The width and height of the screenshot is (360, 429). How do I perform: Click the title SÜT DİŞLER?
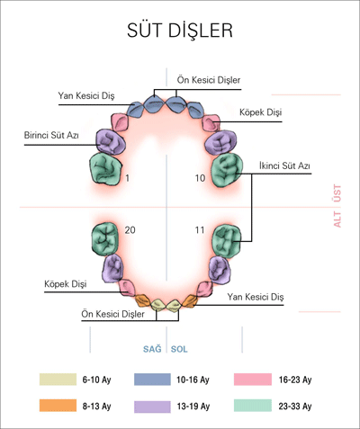click(180, 30)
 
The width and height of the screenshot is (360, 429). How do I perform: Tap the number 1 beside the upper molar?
click(128, 178)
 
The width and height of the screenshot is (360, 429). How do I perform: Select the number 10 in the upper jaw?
click(200, 178)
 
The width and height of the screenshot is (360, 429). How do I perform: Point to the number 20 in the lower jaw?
click(130, 230)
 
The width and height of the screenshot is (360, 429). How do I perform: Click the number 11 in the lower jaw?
click(200, 230)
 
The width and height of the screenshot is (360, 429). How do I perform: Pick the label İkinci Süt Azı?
click(284, 165)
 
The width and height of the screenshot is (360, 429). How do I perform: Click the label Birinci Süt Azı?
click(51, 135)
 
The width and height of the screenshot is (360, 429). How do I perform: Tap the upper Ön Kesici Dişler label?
click(209, 80)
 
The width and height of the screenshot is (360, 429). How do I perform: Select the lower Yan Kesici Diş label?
click(256, 297)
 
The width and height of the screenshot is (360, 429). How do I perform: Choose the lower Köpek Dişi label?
click(66, 284)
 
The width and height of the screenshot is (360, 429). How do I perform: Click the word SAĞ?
click(152, 349)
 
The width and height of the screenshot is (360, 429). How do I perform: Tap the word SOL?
click(179, 349)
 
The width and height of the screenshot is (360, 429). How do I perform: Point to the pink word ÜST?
click(337, 193)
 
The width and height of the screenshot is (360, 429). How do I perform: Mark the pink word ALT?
click(337, 219)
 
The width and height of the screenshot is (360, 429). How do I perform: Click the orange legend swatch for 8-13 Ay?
click(58, 406)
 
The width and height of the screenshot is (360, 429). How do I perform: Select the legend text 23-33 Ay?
click(295, 407)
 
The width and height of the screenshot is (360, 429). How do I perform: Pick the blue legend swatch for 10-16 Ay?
click(152, 380)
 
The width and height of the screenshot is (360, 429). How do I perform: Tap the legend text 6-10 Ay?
click(96, 380)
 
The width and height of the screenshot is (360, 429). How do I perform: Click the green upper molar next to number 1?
click(105, 169)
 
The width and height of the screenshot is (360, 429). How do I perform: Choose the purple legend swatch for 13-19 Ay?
click(152, 407)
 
